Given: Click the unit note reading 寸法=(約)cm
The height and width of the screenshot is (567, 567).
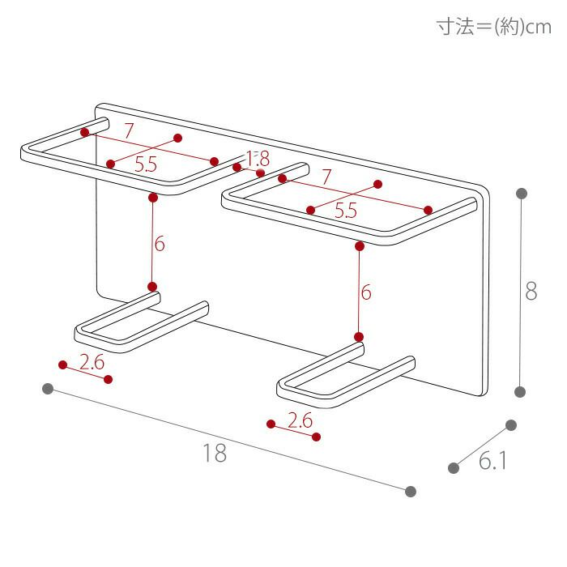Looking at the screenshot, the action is pyautogui.click(x=493, y=27).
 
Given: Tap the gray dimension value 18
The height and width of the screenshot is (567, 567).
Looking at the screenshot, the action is pyautogui.click(x=215, y=453).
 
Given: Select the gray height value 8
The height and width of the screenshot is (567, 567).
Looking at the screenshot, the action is pyautogui.click(x=531, y=291).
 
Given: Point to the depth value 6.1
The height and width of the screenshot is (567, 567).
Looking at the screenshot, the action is pyautogui.click(x=492, y=461).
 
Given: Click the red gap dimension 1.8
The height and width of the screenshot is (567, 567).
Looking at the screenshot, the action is pyautogui.click(x=258, y=158).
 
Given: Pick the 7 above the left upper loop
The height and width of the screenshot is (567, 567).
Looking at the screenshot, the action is pyautogui.click(x=129, y=131).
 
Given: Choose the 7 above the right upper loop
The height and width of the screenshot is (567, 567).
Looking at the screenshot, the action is pyautogui.click(x=326, y=177).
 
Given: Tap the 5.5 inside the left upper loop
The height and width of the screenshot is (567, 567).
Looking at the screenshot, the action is pyautogui.click(x=146, y=164).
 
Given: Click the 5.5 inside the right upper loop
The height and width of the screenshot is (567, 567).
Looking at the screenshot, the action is pyautogui.click(x=346, y=211).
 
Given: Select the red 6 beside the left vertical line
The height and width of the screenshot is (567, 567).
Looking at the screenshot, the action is pyautogui.click(x=160, y=244).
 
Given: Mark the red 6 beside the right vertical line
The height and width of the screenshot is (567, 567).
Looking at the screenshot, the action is pyautogui.click(x=366, y=292).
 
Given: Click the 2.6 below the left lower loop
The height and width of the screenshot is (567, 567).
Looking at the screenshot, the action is pyautogui.click(x=92, y=361).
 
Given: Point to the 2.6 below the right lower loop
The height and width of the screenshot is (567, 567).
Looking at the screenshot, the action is pyautogui.click(x=301, y=420).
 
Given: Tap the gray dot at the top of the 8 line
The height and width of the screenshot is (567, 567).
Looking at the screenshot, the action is pyautogui.click(x=522, y=194).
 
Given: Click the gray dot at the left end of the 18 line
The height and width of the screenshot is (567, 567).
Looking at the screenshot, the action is pyautogui.click(x=48, y=389).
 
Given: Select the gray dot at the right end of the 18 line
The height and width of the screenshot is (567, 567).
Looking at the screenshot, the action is pyautogui.click(x=411, y=492).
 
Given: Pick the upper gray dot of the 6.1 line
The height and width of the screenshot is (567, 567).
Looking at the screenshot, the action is pyautogui.click(x=511, y=425).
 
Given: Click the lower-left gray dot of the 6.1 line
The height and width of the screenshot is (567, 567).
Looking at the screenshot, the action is pyautogui.click(x=454, y=468).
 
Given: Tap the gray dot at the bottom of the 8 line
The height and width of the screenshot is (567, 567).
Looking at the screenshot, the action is pyautogui.click(x=520, y=391).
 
